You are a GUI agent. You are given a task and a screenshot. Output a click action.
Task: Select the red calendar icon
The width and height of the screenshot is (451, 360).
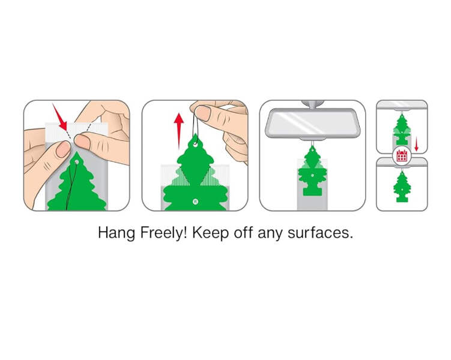[x=402, y=155]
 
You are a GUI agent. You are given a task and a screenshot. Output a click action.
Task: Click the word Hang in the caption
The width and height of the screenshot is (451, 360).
[x=116, y=233]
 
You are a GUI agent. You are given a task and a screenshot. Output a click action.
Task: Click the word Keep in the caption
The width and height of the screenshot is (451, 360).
[x=210, y=233]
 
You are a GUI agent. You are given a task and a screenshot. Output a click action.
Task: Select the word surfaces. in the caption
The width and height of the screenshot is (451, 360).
[x=320, y=233]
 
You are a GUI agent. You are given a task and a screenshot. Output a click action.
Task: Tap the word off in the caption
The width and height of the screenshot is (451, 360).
[x=243, y=232]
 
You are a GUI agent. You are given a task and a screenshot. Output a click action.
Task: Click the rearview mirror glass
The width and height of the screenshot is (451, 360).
[x=313, y=122]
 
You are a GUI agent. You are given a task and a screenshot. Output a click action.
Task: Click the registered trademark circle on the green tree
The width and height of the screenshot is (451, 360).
[x=196, y=202]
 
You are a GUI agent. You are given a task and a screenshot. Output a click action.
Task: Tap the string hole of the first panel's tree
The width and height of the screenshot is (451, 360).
[x=76, y=163]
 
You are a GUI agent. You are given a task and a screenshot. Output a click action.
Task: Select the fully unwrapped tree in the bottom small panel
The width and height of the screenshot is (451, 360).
[x=402, y=186]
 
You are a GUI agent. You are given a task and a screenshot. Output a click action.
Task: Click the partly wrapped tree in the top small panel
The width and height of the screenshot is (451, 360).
[x=402, y=129]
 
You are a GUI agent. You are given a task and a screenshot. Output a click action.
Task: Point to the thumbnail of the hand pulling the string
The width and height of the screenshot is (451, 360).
[x=203, y=113]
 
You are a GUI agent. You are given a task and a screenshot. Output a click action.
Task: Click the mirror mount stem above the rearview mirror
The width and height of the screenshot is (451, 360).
[x=312, y=104]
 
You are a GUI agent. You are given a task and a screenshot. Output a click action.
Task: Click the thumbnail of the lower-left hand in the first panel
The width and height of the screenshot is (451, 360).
[x=63, y=149]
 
